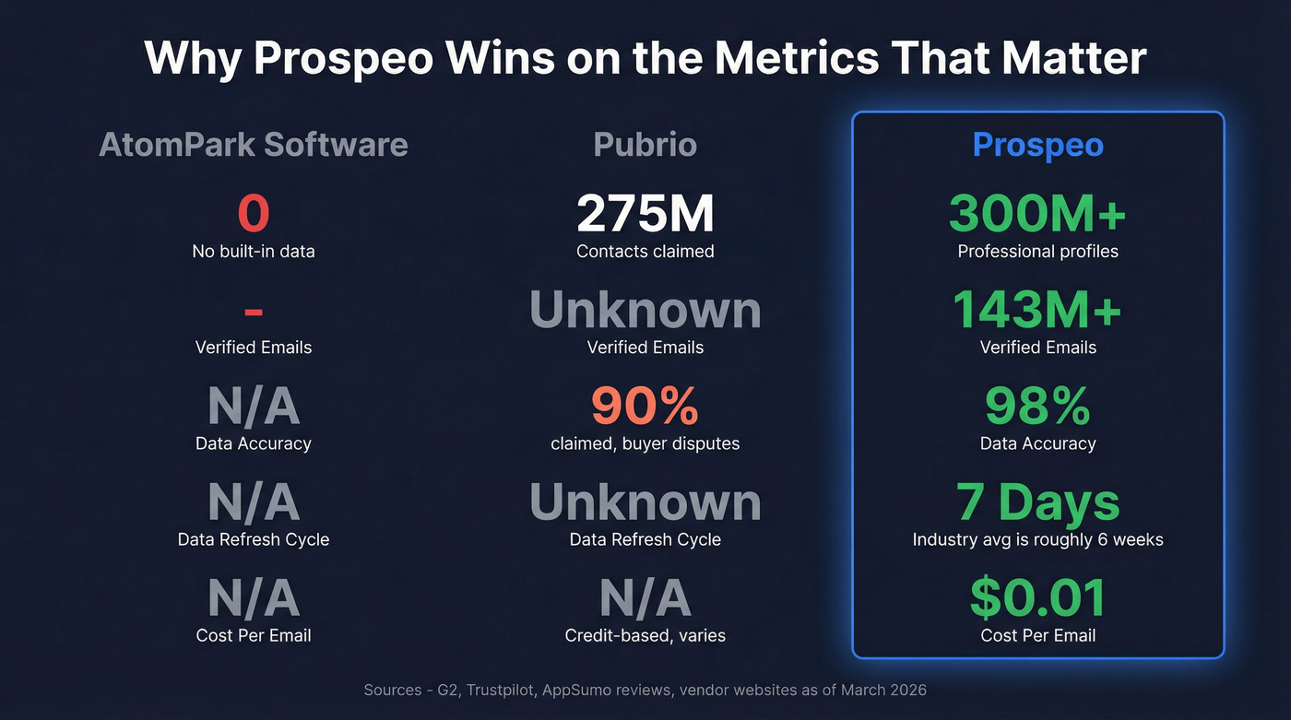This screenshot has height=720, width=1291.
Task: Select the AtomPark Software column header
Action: click(x=254, y=145)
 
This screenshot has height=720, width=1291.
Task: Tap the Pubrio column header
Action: click(x=645, y=145)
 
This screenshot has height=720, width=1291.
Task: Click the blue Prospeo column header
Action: click(x=1037, y=145)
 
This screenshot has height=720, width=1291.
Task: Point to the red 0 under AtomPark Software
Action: click(x=254, y=213)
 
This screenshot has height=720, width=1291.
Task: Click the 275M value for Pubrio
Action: click(x=645, y=213)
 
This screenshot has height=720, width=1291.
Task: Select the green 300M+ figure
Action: click(x=1037, y=213)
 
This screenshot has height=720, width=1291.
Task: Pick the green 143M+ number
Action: click(x=1037, y=309)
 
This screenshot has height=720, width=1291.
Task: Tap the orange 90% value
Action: click(x=645, y=405)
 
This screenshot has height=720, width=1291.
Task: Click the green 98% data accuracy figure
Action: click(x=1037, y=405)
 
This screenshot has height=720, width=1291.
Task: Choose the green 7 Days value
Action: click(x=1037, y=502)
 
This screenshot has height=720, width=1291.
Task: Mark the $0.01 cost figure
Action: click(x=1037, y=597)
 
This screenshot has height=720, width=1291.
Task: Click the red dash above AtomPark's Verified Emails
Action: click(x=254, y=313)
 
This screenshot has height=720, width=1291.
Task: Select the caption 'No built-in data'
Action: click(x=254, y=251)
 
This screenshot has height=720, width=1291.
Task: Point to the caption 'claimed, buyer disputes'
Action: click(x=645, y=443)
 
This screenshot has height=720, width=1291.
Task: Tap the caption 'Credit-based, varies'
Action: click(x=645, y=635)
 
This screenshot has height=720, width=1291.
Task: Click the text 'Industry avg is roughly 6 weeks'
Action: click(x=1037, y=539)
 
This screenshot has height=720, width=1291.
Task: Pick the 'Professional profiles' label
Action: click(x=1037, y=251)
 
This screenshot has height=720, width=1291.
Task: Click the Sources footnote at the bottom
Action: click(x=645, y=690)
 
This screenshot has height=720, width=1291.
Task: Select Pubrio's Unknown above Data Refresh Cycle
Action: click(x=645, y=502)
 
